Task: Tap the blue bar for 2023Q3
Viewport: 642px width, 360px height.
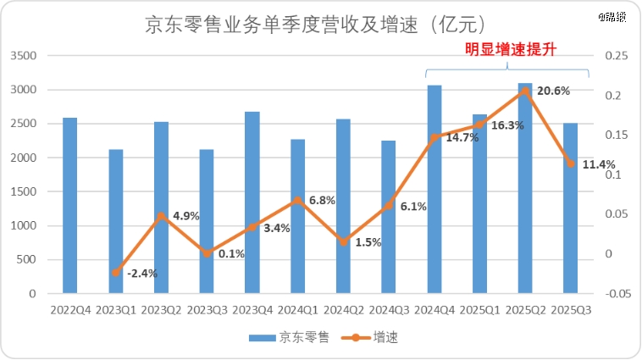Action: (207, 221)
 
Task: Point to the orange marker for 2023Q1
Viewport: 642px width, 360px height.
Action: (116, 272)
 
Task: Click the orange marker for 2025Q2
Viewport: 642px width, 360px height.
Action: (525, 91)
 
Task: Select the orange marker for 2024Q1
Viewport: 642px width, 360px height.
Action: (298, 201)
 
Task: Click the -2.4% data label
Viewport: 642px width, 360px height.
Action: (142, 273)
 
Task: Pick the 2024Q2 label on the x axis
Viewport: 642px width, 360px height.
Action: (343, 311)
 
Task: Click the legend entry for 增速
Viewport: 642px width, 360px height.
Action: (379, 338)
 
